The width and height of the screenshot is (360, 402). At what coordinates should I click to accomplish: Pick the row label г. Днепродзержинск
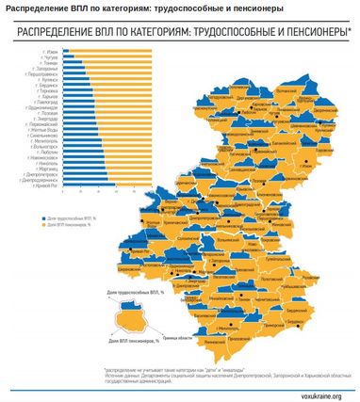[x=43, y=180]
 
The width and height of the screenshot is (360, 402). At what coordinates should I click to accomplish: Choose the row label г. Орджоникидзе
[x=45, y=108]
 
